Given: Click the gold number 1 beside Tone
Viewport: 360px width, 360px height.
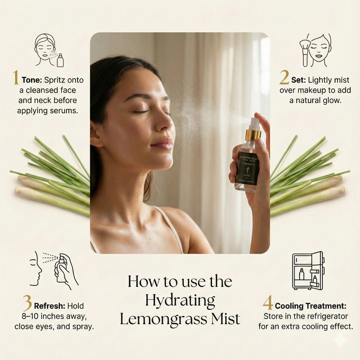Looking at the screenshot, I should [x=16, y=78].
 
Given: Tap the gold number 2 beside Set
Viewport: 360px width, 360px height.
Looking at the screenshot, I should [x=284, y=78].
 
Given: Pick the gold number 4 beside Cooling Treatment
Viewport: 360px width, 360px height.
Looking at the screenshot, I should [x=268, y=303].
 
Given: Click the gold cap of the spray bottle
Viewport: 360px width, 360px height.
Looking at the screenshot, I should [x=253, y=135].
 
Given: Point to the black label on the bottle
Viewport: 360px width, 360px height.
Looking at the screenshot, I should [x=247, y=168].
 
